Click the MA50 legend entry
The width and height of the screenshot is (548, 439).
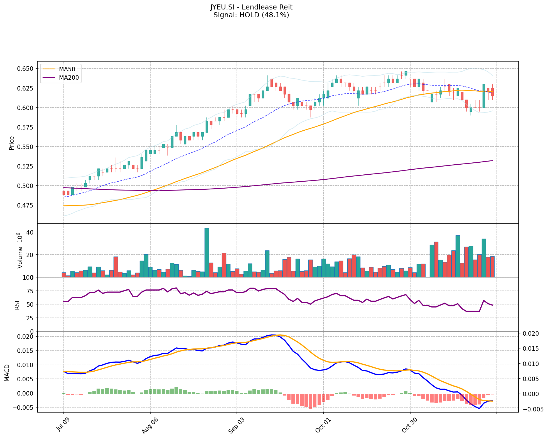67,69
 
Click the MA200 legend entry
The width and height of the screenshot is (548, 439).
69,78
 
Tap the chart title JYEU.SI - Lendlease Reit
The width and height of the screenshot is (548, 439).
251,7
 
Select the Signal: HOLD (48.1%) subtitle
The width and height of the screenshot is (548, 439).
251,15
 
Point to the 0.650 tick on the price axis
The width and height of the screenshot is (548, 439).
26,69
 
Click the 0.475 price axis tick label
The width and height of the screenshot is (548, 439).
26,205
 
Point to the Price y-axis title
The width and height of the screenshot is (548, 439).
12,143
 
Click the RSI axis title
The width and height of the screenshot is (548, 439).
17,305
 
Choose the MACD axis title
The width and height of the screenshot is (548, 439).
7,373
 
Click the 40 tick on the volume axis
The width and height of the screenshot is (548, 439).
30,232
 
